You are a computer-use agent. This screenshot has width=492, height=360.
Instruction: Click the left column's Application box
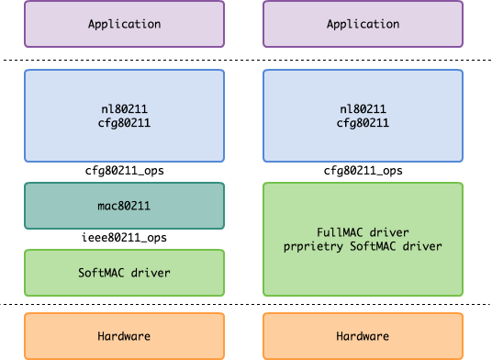(x=124, y=24)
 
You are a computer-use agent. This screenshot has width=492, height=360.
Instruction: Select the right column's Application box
(x=363, y=24)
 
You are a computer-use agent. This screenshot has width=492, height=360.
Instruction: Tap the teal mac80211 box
(x=124, y=206)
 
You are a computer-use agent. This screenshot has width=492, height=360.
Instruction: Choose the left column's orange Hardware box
(x=124, y=336)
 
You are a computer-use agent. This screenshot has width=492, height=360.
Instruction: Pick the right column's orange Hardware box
(x=363, y=336)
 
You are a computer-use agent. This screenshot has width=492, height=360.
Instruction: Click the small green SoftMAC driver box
(x=124, y=273)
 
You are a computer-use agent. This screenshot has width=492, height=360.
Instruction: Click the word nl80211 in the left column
(x=124, y=109)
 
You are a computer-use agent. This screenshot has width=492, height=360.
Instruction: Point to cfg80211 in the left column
(x=124, y=123)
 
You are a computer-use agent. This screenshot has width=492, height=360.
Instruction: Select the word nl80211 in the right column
(x=363, y=109)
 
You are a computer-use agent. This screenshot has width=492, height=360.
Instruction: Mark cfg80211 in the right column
(x=363, y=123)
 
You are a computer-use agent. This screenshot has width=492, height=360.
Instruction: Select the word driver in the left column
(x=150, y=273)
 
